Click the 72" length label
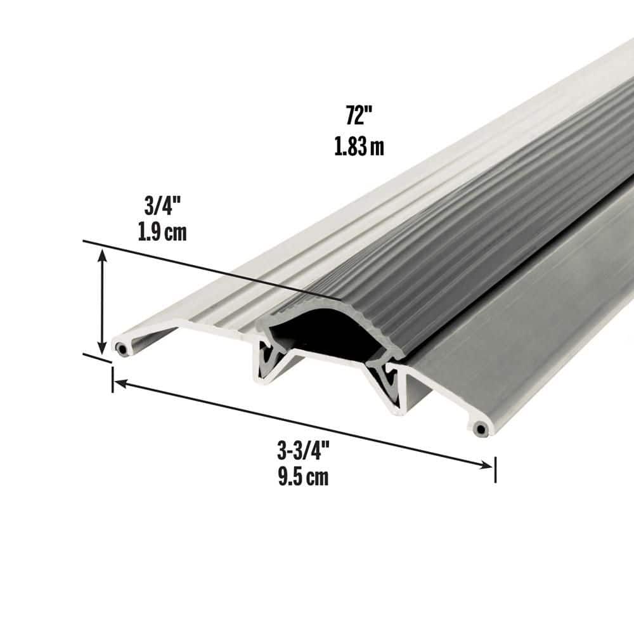point(358,117)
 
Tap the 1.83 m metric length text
point(359,147)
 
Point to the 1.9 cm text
point(162,233)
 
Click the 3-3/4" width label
point(302,451)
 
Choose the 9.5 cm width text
point(302,477)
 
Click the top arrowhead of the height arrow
point(101,254)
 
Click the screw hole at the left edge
point(121,347)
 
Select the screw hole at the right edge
point(481,429)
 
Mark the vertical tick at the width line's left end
point(112,379)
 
